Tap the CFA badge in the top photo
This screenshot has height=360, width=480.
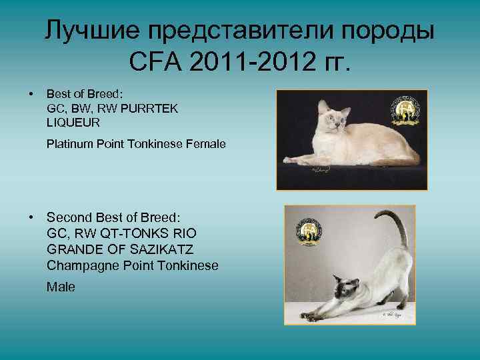click(406, 110)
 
